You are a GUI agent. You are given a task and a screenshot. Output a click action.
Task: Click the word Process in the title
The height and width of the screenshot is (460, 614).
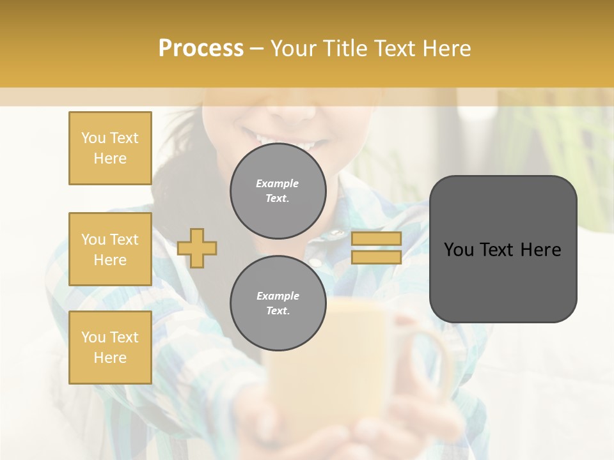click(x=201, y=49)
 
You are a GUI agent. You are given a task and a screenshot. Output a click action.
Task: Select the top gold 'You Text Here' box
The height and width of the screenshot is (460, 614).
click(x=110, y=148)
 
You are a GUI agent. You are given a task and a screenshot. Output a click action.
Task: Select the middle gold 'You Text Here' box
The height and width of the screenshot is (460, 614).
click(x=110, y=249)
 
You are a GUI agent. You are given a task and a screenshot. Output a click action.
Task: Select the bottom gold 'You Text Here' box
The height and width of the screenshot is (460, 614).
click(x=110, y=348)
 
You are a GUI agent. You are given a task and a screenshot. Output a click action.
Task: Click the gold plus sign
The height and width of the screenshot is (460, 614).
click(x=197, y=248)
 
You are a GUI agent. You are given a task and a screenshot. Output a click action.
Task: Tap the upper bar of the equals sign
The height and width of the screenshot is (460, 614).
click(x=376, y=238)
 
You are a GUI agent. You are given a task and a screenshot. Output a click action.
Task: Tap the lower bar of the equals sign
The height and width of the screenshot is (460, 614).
click(x=376, y=257)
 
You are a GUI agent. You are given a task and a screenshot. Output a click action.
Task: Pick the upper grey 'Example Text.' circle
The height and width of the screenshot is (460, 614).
click(x=278, y=190)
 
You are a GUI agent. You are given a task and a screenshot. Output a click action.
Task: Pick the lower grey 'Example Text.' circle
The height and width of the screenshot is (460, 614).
click(x=278, y=303)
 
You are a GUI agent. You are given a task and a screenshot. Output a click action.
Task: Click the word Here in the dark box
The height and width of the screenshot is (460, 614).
click(x=540, y=250)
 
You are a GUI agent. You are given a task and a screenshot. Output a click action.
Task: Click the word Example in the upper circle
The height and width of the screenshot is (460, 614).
click(x=278, y=183)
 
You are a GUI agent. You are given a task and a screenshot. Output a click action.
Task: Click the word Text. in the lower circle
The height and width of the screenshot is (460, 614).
click(x=278, y=310)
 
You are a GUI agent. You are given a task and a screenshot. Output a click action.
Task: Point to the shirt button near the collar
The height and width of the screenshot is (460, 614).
click(x=315, y=262)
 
